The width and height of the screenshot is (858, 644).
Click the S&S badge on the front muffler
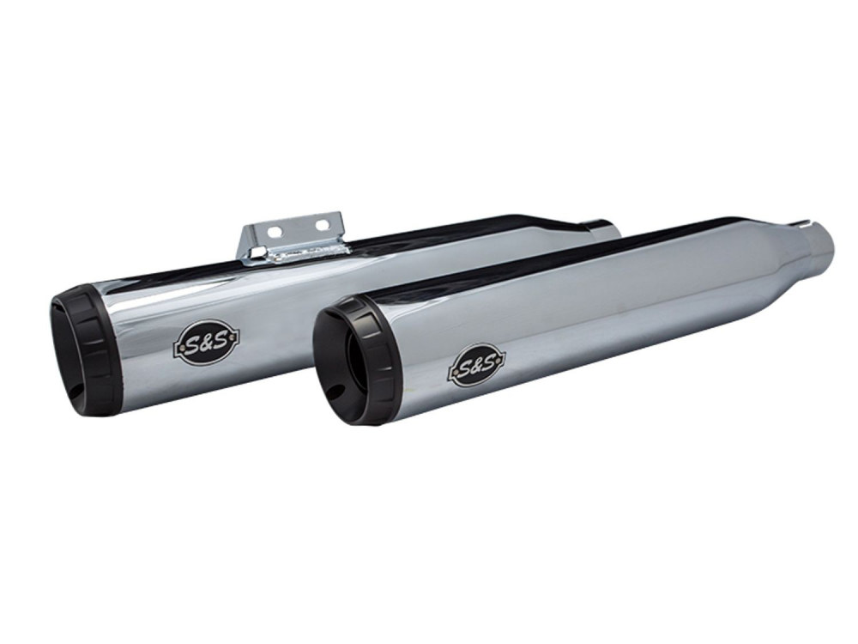[x=474, y=363]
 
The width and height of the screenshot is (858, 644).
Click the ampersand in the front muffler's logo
[x=474, y=363]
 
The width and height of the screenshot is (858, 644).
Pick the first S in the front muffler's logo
[x=463, y=366]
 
